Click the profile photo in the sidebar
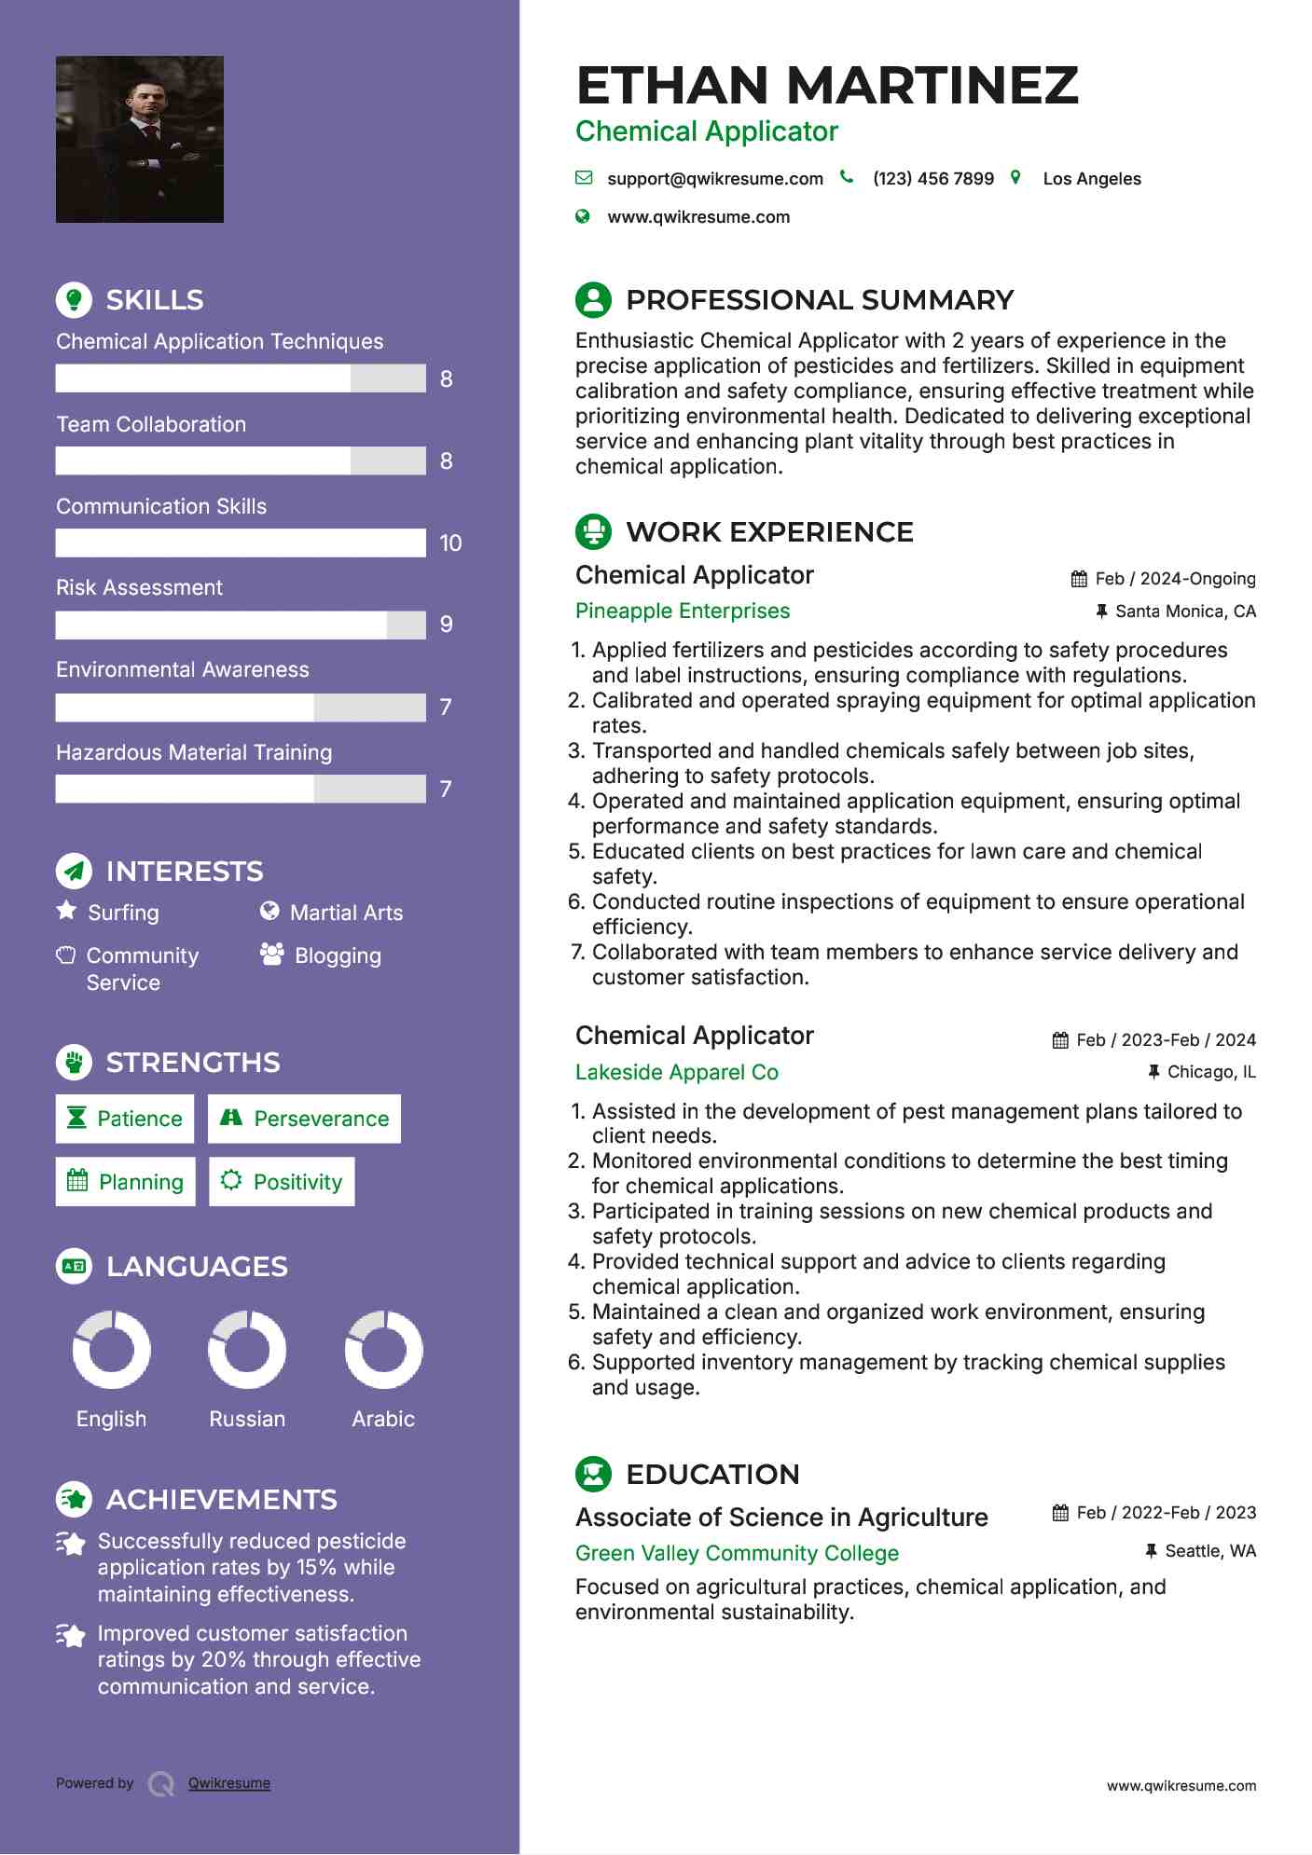click(x=140, y=140)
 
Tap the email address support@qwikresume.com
click(x=714, y=179)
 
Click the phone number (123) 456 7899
click(x=932, y=179)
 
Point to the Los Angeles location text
click(x=1091, y=179)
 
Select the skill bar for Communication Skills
click(x=241, y=543)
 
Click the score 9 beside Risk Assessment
click(x=447, y=625)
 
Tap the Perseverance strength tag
click(x=305, y=1119)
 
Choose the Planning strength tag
click(x=126, y=1182)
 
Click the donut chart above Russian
click(x=247, y=1350)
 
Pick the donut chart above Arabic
click(x=383, y=1350)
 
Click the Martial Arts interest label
click(x=346, y=913)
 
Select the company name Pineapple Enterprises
click(x=683, y=611)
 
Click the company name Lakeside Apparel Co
click(x=677, y=1072)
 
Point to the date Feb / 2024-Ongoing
click(x=1175, y=579)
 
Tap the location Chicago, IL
click(x=1211, y=1072)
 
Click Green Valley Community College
click(x=737, y=1553)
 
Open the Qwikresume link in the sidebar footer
click(x=229, y=1783)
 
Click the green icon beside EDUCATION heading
click(x=594, y=1474)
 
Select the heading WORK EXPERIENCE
click(x=769, y=532)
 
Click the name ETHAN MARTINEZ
click(x=827, y=86)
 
